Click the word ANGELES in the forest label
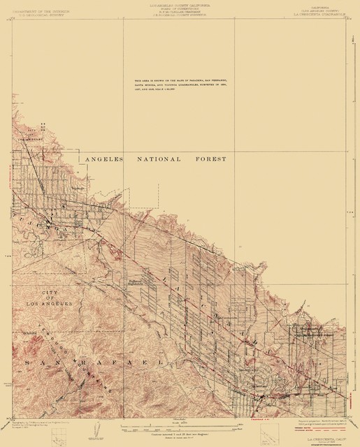pos(103,159)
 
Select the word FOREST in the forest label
pos(210,159)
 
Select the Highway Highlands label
pos(138,282)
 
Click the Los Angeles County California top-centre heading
pos(180,6)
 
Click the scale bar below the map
pos(180,421)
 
